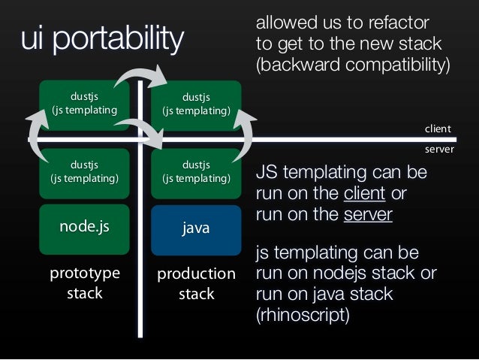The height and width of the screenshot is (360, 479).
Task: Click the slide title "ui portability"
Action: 102,38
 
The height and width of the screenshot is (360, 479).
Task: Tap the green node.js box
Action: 84,229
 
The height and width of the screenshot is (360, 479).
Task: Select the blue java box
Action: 196,230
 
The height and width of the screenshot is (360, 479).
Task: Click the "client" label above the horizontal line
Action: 438,129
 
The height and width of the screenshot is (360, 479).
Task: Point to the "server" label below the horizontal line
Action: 439,150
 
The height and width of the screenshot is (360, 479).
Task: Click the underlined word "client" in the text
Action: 364,193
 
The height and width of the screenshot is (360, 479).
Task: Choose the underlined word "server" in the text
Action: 368,214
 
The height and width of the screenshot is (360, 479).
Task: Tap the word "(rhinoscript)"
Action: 303,315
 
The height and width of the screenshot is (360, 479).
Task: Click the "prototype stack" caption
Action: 85,283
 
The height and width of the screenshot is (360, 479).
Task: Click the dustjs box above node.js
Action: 84,174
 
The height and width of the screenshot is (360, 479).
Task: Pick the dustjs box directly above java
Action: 196,174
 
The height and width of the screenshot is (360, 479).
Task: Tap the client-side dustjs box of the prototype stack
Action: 84,105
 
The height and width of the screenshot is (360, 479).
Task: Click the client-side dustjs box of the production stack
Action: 196,105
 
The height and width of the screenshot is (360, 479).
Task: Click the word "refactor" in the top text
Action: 399,23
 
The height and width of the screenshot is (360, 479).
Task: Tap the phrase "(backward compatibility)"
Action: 353,65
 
